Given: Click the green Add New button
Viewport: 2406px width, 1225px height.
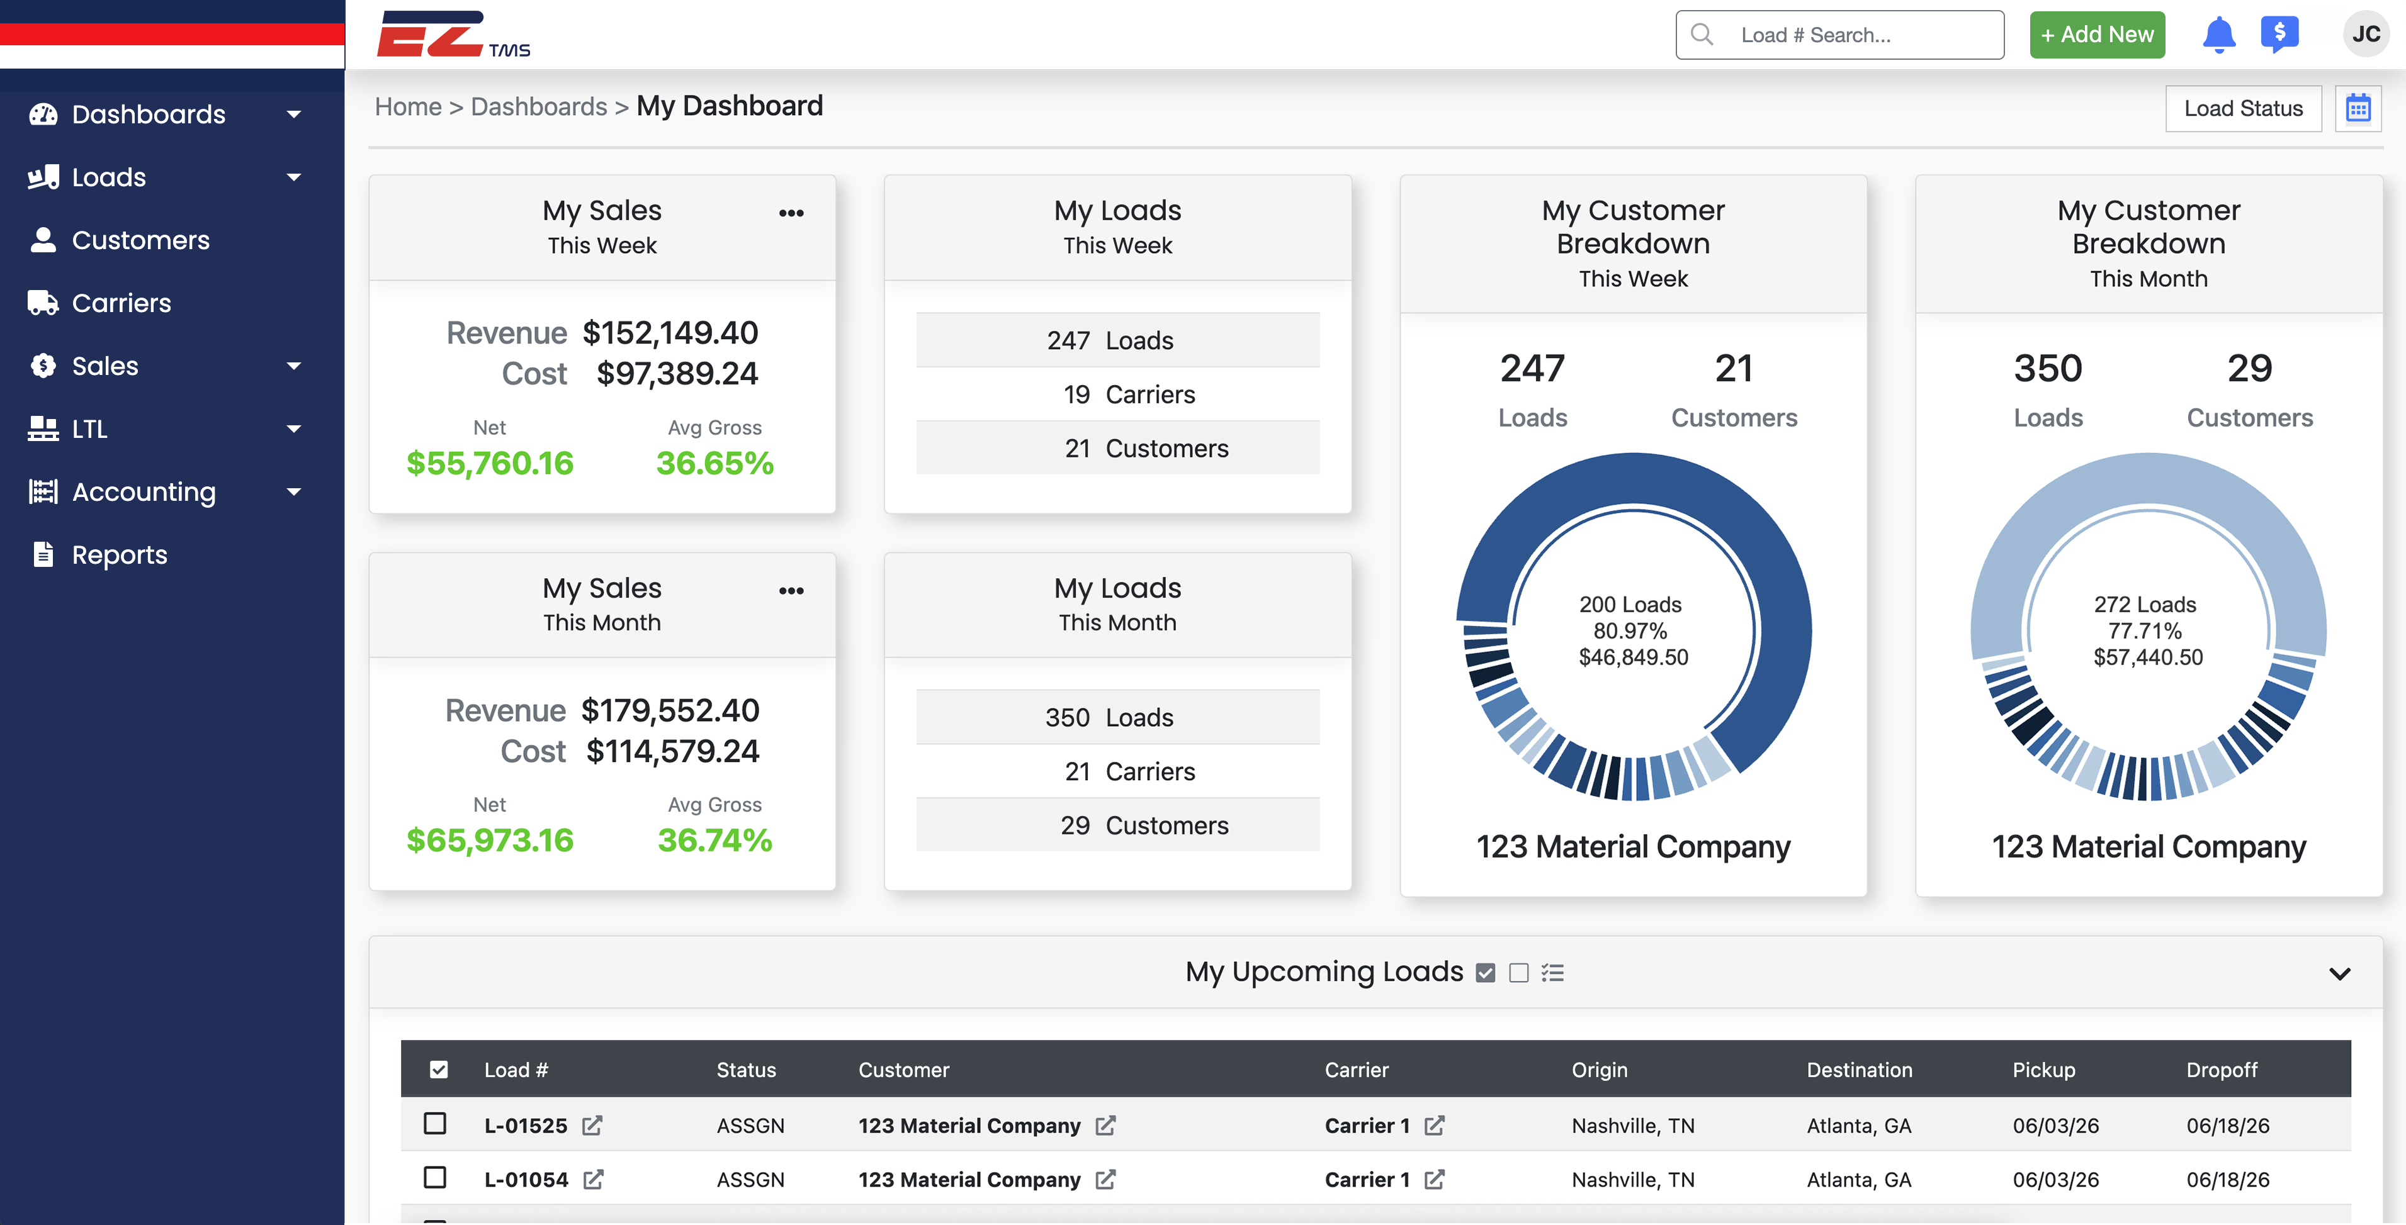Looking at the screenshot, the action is pyautogui.click(x=2097, y=35).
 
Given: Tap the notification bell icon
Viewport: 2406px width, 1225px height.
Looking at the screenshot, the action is pyautogui.click(x=2218, y=35).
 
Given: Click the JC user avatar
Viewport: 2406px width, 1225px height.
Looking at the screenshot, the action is pyautogui.click(x=2366, y=35).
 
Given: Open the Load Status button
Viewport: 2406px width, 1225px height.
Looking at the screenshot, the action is pyautogui.click(x=2244, y=108).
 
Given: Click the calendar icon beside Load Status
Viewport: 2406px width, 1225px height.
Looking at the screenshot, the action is pyautogui.click(x=2358, y=108).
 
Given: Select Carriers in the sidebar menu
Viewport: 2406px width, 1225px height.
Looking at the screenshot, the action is pyautogui.click(x=121, y=303).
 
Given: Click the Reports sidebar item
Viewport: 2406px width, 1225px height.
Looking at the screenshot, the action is pyautogui.click(x=120, y=554).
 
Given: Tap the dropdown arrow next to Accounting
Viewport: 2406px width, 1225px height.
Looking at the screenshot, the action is pyautogui.click(x=294, y=492).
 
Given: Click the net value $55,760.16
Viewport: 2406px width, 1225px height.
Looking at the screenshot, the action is pyautogui.click(x=490, y=463).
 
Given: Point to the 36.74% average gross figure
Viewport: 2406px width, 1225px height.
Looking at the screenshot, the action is pyautogui.click(x=716, y=841).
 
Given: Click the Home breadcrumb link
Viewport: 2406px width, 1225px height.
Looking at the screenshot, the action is pyautogui.click(x=408, y=106).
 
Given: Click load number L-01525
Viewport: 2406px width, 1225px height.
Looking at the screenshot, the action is pyautogui.click(x=526, y=1126).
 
